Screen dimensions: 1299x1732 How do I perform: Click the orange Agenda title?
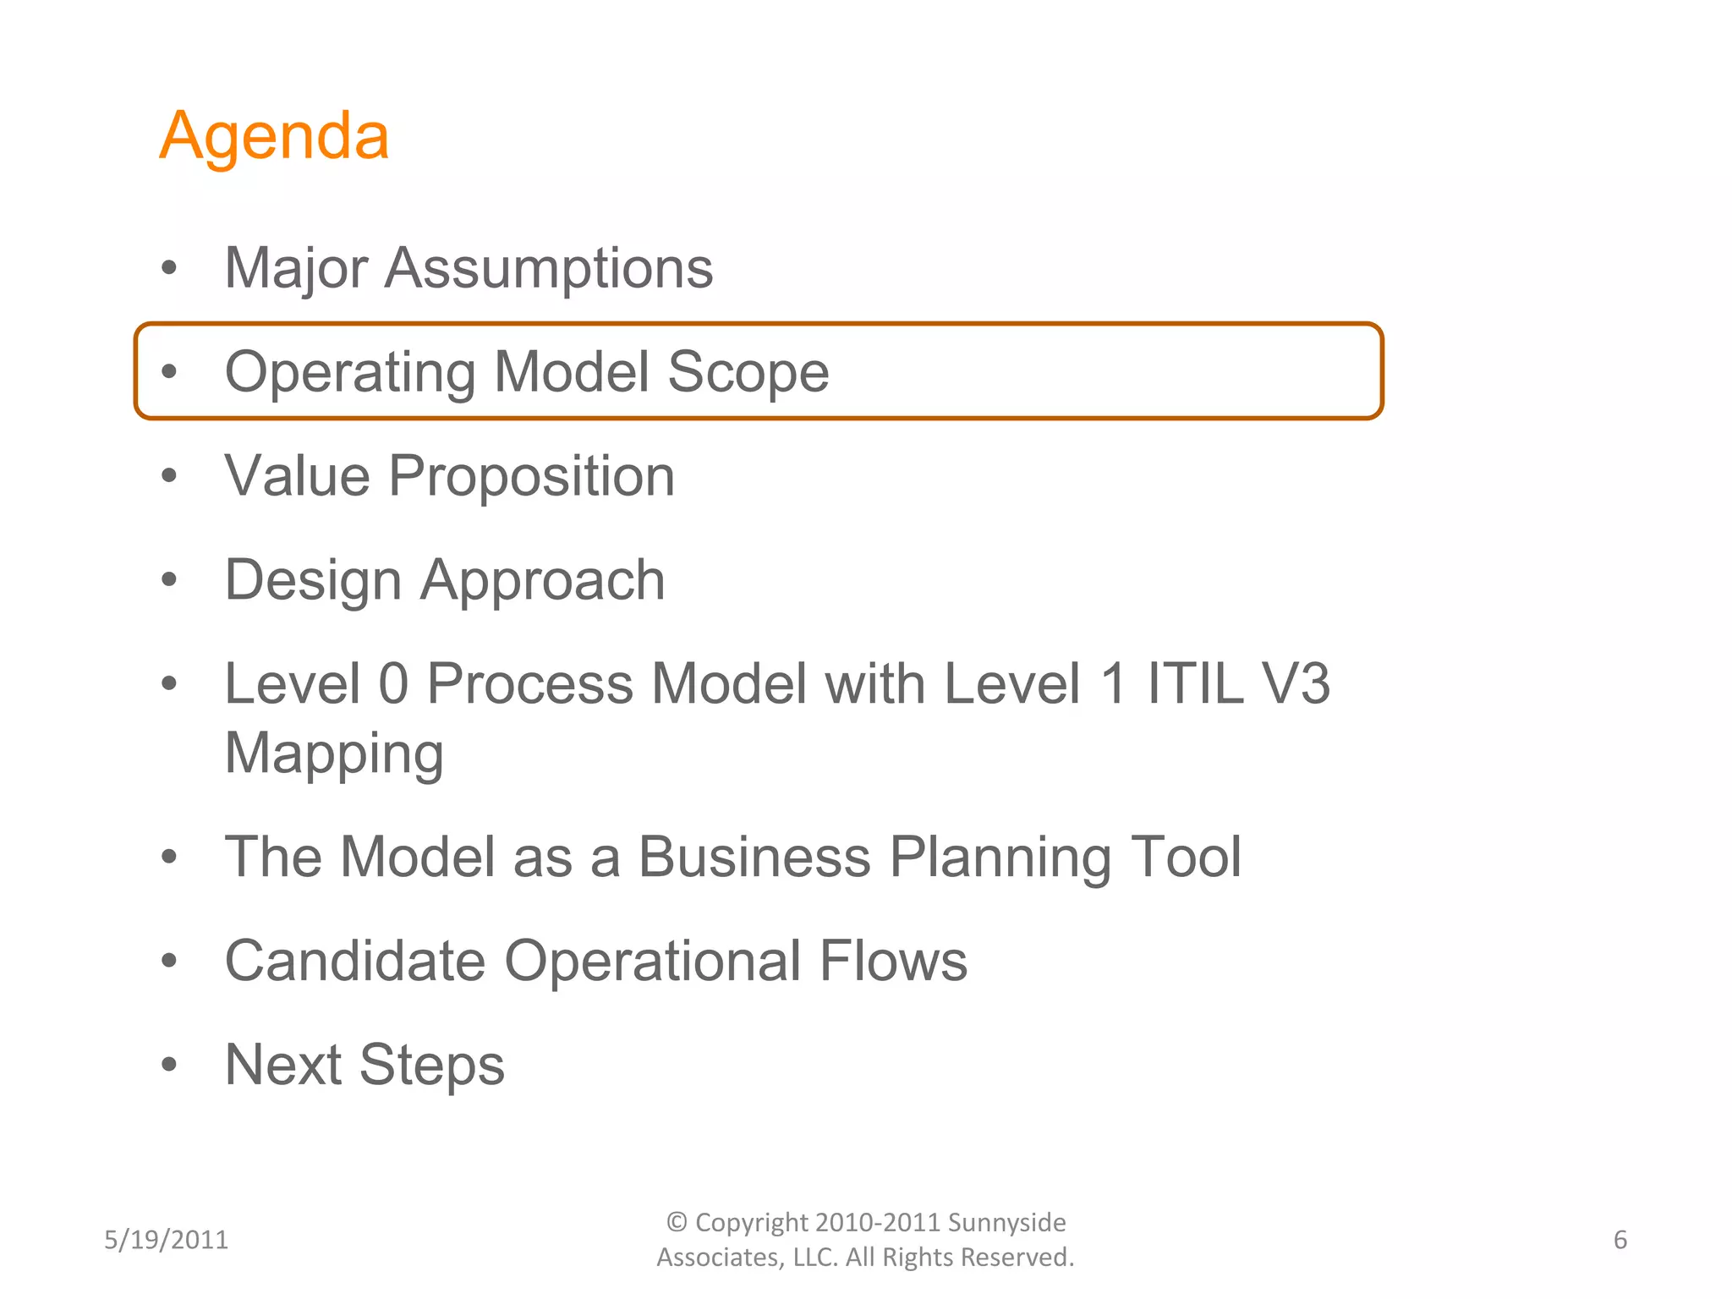[x=274, y=137]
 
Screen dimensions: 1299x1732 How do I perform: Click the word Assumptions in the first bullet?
[x=549, y=269]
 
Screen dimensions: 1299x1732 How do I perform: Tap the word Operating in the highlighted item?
[x=350, y=373]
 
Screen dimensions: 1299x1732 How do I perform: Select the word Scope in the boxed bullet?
[x=748, y=373]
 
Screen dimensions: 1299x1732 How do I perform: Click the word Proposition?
[x=531, y=477]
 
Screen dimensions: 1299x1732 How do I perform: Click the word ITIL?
[x=1194, y=683]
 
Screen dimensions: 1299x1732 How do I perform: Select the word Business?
[x=754, y=858]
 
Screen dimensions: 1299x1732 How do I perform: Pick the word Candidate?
[x=355, y=962]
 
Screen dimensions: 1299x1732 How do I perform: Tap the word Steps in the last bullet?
[x=431, y=1066]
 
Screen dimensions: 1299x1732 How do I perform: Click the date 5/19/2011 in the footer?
[x=166, y=1240]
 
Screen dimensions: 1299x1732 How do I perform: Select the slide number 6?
[x=1620, y=1240]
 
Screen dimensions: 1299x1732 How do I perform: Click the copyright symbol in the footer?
[x=677, y=1222]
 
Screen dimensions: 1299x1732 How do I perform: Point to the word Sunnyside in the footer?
[x=1006, y=1223]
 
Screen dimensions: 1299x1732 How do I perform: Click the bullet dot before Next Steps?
[x=169, y=1064]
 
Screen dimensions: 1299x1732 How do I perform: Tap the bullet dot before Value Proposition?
[x=169, y=475]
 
